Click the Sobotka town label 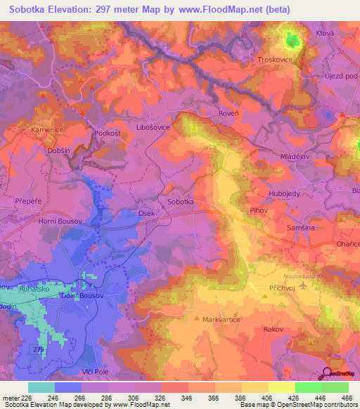pos(181,202)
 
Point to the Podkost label pos(108,132)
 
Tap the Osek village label pos(146,213)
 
